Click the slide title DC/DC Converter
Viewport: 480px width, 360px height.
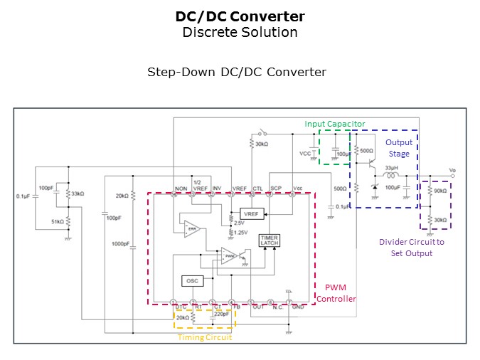(x=240, y=16)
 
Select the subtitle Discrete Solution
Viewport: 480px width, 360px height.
(x=240, y=32)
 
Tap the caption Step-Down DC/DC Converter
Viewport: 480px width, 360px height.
(x=237, y=72)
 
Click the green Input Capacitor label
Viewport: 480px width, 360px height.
(x=335, y=124)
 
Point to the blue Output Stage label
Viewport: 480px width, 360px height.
(x=399, y=148)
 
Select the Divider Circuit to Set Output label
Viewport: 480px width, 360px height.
(x=411, y=247)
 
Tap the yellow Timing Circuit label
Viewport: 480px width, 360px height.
(x=204, y=337)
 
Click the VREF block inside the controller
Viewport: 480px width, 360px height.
(x=251, y=213)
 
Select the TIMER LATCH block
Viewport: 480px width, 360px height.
(x=270, y=240)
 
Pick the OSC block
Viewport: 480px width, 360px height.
(x=193, y=281)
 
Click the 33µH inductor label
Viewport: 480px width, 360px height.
(x=391, y=168)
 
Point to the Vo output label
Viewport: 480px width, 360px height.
(x=453, y=171)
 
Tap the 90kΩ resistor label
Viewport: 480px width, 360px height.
(x=440, y=191)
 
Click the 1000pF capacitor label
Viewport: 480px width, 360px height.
(x=119, y=244)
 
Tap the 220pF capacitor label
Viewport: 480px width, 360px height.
(x=222, y=313)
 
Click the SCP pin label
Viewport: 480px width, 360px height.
(x=276, y=188)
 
